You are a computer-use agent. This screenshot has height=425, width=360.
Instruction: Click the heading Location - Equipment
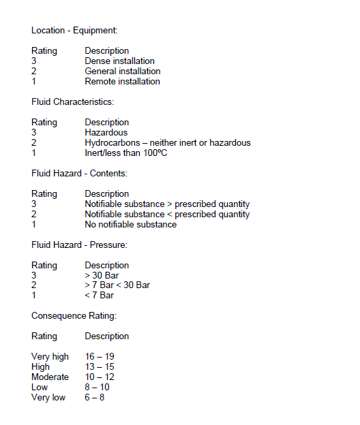click(74, 31)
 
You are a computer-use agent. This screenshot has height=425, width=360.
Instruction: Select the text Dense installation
click(119, 61)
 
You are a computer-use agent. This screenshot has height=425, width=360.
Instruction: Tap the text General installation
click(123, 72)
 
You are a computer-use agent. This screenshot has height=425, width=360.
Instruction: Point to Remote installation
click(122, 82)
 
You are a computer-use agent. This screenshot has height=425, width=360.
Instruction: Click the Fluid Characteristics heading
click(72, 102)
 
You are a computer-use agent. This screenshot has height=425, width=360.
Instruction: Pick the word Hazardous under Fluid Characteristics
click(106, 133)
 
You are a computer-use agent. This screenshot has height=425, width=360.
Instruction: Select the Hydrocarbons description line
click(168, 143)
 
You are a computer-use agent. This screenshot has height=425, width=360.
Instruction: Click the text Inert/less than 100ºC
click(126, 153)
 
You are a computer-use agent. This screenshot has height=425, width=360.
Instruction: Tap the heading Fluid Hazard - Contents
click(79, 174)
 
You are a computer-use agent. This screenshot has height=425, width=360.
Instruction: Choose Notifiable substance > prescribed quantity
click(167, 204)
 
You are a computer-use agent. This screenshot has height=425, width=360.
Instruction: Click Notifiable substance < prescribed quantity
click(167, 215)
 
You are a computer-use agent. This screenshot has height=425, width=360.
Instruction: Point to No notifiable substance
click(130, 225)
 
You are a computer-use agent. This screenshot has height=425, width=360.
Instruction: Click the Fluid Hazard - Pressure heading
click(80, 245)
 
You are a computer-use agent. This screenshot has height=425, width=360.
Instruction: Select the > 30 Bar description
click(102, 275)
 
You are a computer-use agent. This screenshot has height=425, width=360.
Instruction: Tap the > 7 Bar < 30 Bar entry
click(117, 285)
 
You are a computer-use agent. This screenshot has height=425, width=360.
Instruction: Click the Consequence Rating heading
click(73, 316)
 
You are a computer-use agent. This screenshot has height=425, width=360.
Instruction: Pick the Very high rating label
click(50, 357)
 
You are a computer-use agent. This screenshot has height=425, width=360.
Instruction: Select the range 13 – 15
click(99, 367)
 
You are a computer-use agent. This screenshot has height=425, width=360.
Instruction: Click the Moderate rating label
click(50, 377)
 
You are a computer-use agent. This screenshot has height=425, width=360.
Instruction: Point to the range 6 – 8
click(95, 398)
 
